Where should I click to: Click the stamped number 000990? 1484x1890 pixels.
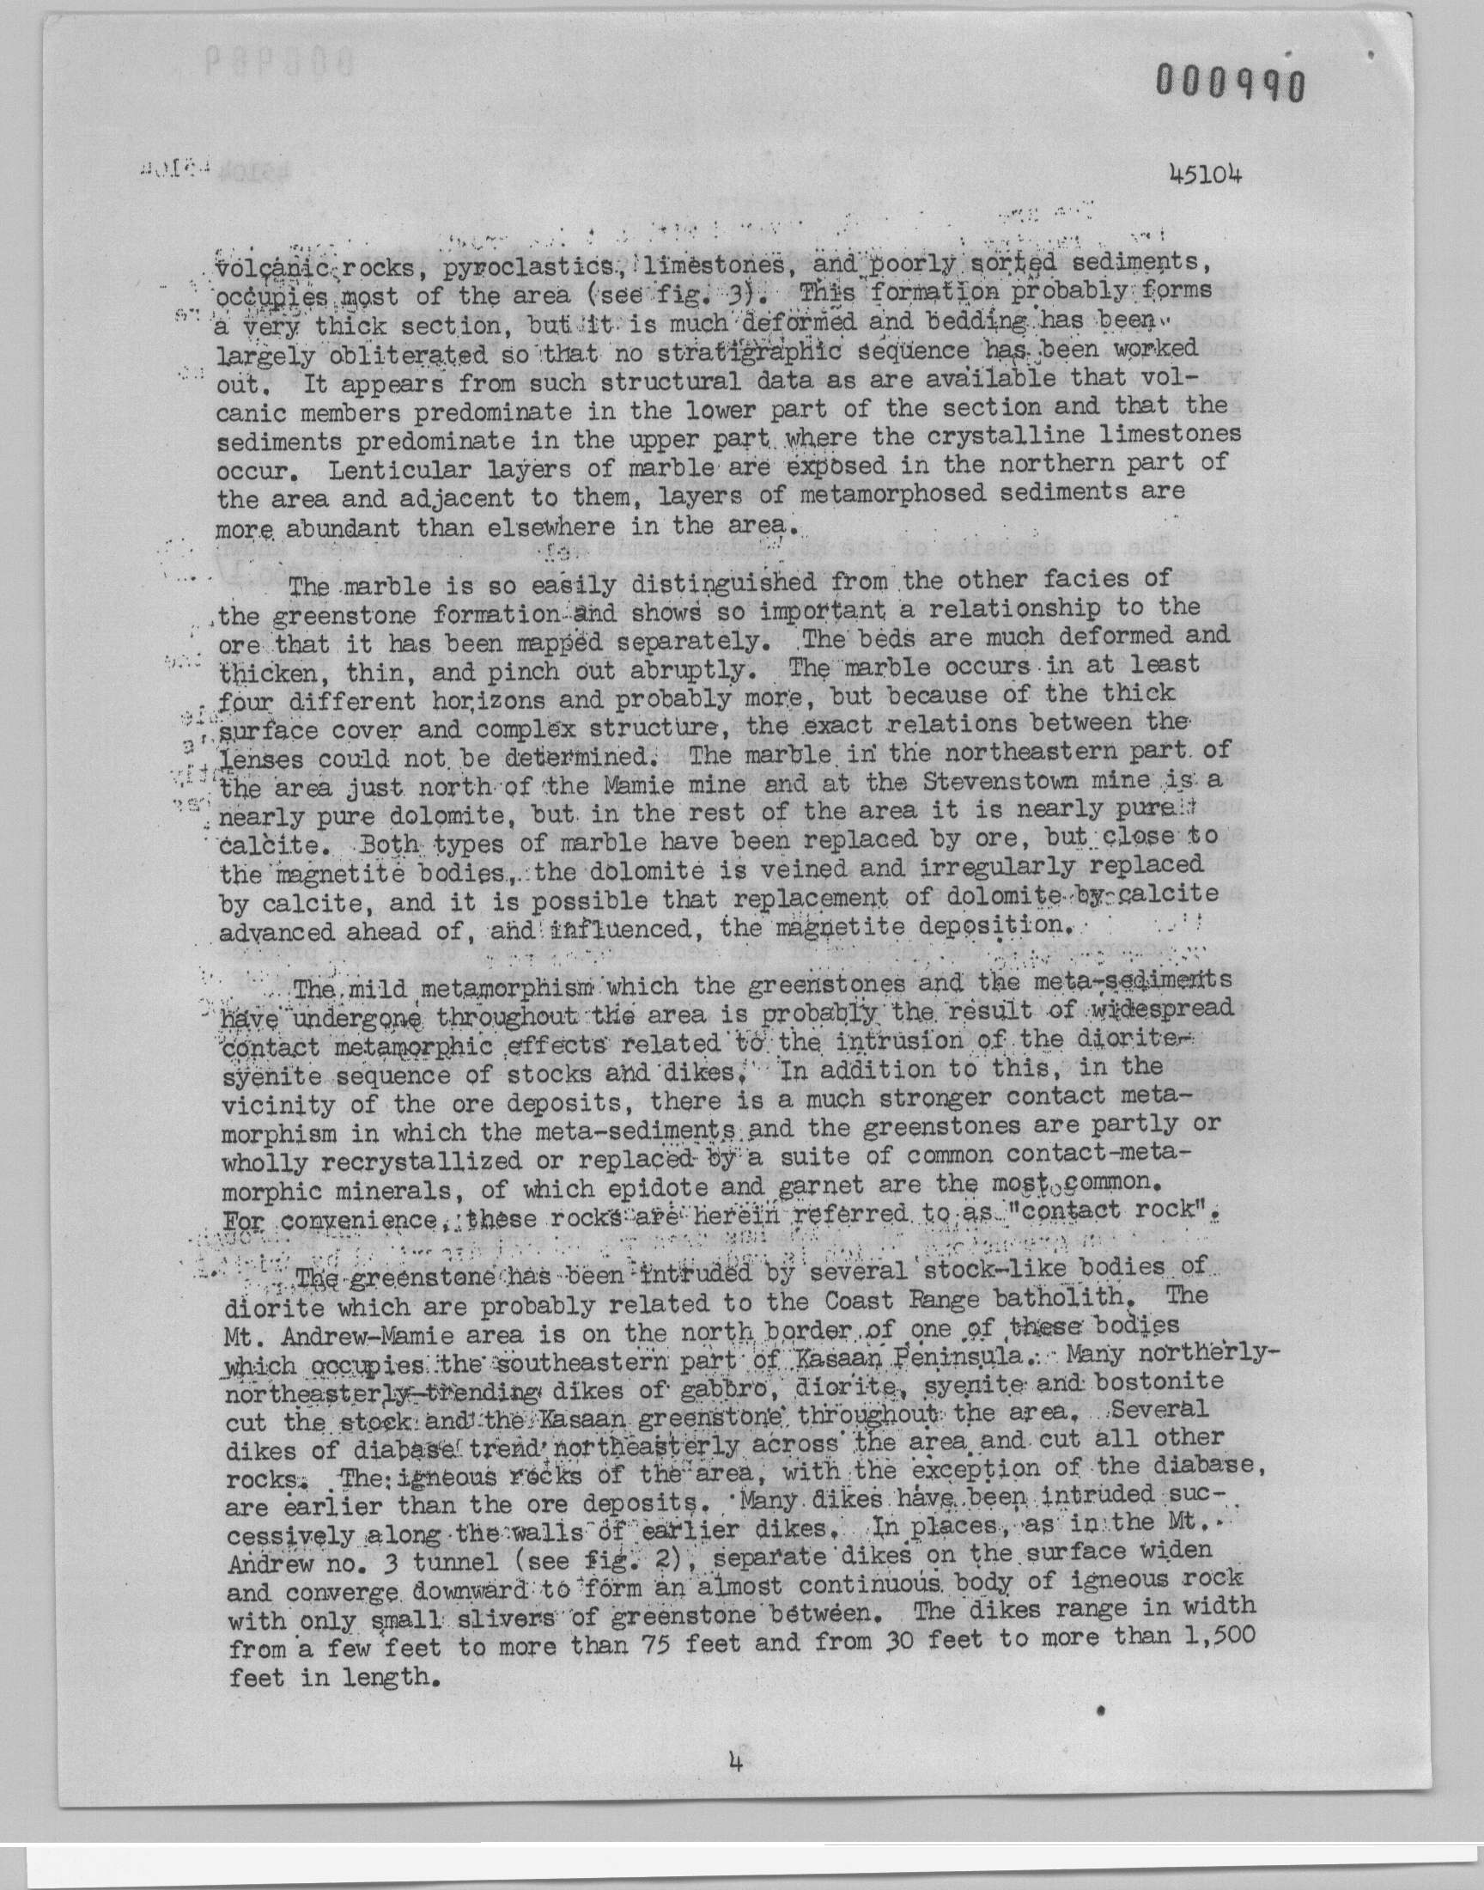pos(1230,84)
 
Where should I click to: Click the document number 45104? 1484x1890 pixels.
pos(1205,174)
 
